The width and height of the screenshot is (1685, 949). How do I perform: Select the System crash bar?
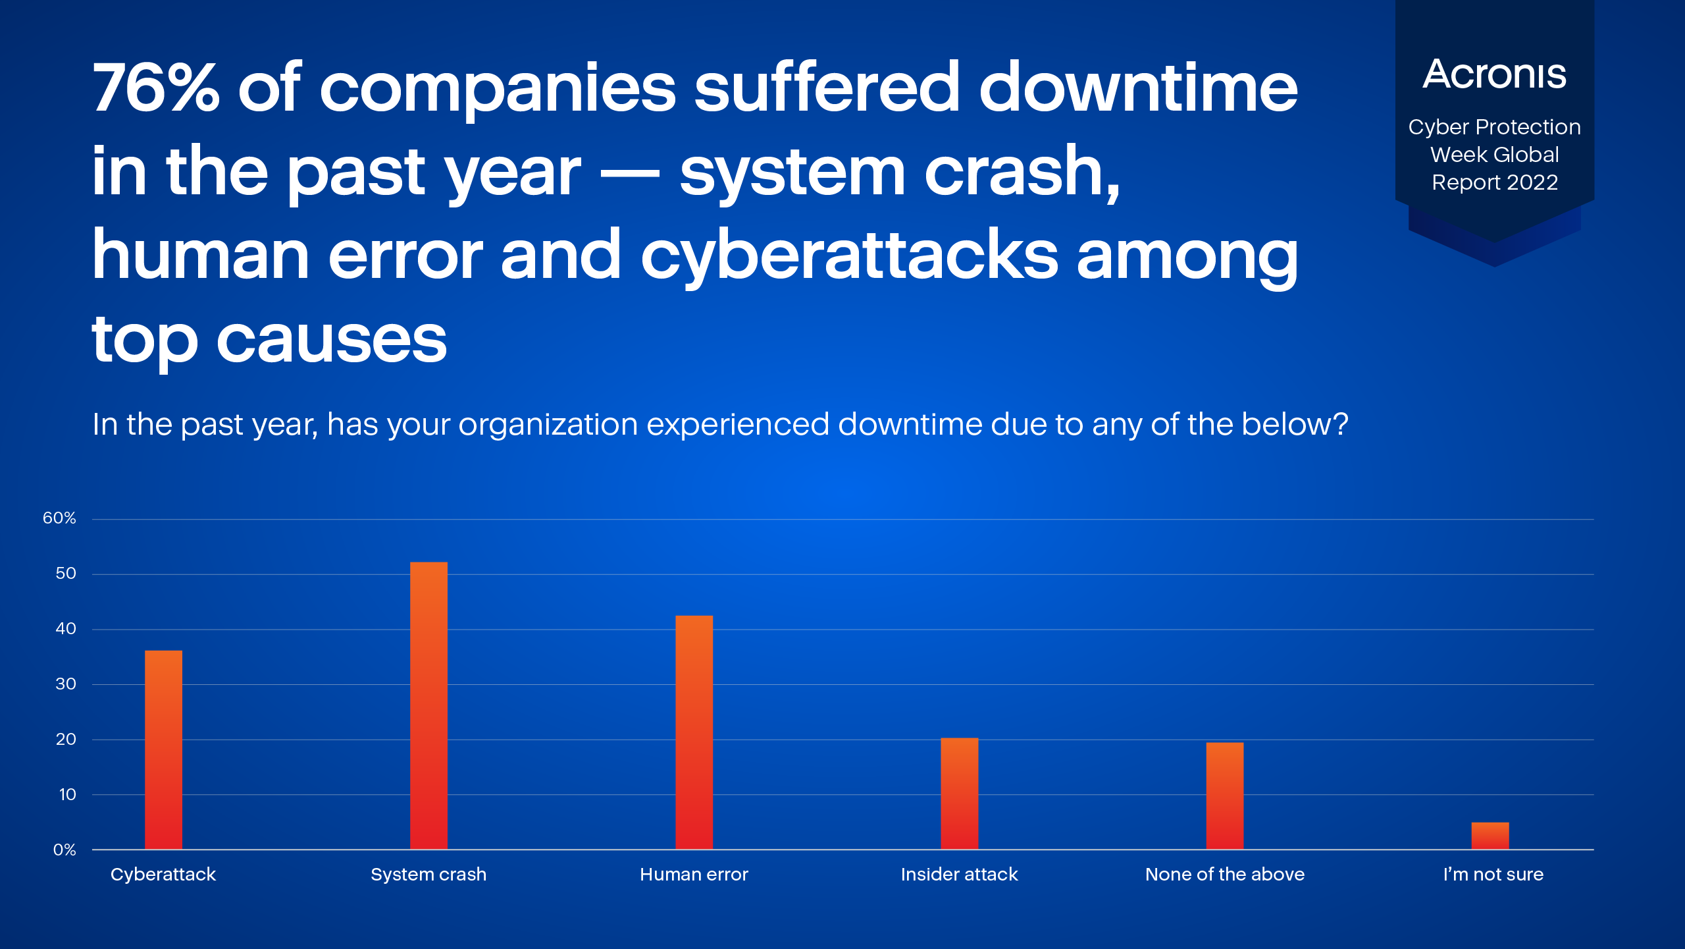tap(428, 705)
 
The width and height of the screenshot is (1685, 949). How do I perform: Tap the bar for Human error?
tap(694, 732)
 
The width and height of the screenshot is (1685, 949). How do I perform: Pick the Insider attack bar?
tap(959, 794)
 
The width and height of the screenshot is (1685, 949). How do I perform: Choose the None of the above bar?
tap(1224, 796)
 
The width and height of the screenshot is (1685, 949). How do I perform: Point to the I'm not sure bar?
tap(1490, 836)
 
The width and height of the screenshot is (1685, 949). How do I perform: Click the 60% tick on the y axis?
tap(59, 518)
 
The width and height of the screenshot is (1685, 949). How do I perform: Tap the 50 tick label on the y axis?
tap(66, 574)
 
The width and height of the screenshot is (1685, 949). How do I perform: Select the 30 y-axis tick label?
tap(66, 684)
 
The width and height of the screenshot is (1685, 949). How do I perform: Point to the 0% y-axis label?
tap(65, 850)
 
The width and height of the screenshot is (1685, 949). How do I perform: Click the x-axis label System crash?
tap(428, 875)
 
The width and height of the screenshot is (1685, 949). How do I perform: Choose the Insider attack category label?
tap(959, 875)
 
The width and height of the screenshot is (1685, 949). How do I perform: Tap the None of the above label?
tap(1224, 875)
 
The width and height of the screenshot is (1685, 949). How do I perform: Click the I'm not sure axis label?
tap(1493, 875)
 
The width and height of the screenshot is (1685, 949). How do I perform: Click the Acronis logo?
tap(1494, 74)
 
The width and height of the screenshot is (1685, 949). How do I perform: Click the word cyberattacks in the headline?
tap(849, 257)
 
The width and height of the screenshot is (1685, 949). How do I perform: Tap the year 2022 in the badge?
tap(1532, 182)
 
